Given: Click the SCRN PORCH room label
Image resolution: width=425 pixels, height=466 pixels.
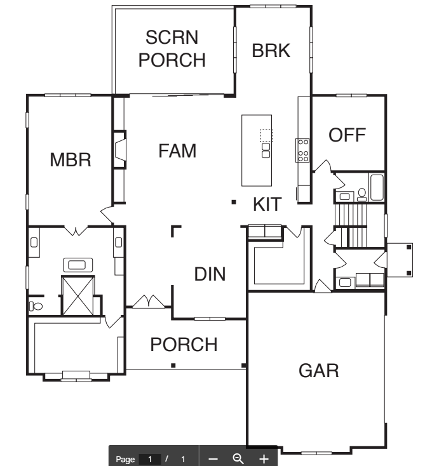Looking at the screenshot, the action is pyautogui.click(x=172, y=49).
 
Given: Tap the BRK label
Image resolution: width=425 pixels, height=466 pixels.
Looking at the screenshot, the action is pyautogui.click(x=271, y=51).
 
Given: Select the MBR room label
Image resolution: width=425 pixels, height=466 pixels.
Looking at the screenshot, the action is pyautogui.click(x=71, y=160).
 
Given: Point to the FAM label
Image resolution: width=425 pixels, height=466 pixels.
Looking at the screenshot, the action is pyautogui.click(x=177, y=150).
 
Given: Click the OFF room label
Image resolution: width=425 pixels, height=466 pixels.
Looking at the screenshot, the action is pyautogui.click(x=347, y=135).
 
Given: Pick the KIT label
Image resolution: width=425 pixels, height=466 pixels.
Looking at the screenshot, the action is pyautogui.click(x=267, y=204).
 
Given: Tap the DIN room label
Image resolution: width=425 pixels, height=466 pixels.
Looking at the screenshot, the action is pyautogui.click(x=210, y=274).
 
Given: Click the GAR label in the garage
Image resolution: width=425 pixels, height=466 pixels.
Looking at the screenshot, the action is pyautogui.click(x=318, y=371).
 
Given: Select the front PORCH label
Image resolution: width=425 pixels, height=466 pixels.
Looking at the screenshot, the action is pyautogui.click(x=184, y=345).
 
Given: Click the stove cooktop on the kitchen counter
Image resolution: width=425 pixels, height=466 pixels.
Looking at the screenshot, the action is pyautogui.click(x=302, y=150).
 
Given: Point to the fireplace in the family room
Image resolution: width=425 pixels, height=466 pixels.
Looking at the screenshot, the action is pyautogui.click(x=120, y=149).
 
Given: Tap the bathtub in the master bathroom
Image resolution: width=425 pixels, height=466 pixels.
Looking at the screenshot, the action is pyautogui.click(x=78, y=265).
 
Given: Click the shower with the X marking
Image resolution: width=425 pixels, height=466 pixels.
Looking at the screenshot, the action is pyautogui.click(x=78, y=295).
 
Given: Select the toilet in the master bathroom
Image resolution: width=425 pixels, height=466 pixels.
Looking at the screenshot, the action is pyautogui.click(x=36, y=306).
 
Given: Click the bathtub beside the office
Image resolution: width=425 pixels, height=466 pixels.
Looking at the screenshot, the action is pyautogui.click(x=377, y=187).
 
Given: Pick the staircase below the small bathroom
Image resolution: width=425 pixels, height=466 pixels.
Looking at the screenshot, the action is pyautogui.click(x=351, y=225).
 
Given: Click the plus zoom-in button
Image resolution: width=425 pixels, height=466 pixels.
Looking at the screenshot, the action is pyautogui.click(x=264, y=459).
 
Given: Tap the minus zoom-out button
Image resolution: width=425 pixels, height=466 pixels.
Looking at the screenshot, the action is pyautogui.click(x=213, y=459).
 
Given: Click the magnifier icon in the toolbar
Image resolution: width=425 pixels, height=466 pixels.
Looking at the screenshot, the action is pyautogui.click(x=238, y=459).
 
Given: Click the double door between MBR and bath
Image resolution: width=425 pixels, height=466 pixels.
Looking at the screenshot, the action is pyautogui.click(x=76, y=231).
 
